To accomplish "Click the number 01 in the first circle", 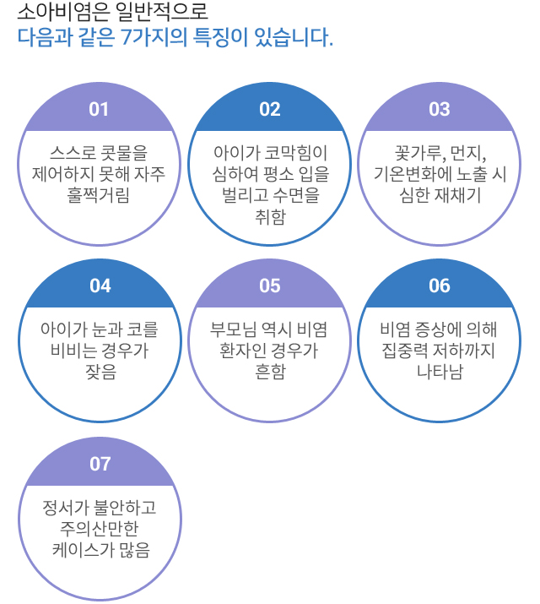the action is coord(99,109).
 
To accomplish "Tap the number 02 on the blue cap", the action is coord(270,109).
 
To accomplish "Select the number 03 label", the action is coord(440,109).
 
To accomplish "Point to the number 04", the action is coord(100,286).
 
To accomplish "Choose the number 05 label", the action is coord(270,286).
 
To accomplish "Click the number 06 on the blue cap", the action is coord(440,286).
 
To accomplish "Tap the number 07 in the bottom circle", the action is coord(100,464).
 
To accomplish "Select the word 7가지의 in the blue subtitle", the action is coord(154,37).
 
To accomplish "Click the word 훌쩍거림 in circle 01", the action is coord(99,195).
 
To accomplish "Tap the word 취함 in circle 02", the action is coord(270,216).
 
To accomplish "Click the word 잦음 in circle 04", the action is coord(100,372).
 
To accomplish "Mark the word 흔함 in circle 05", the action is coord(270,372).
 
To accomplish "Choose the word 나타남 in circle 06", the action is coord(440,372).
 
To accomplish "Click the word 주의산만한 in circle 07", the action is coord(99,529).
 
